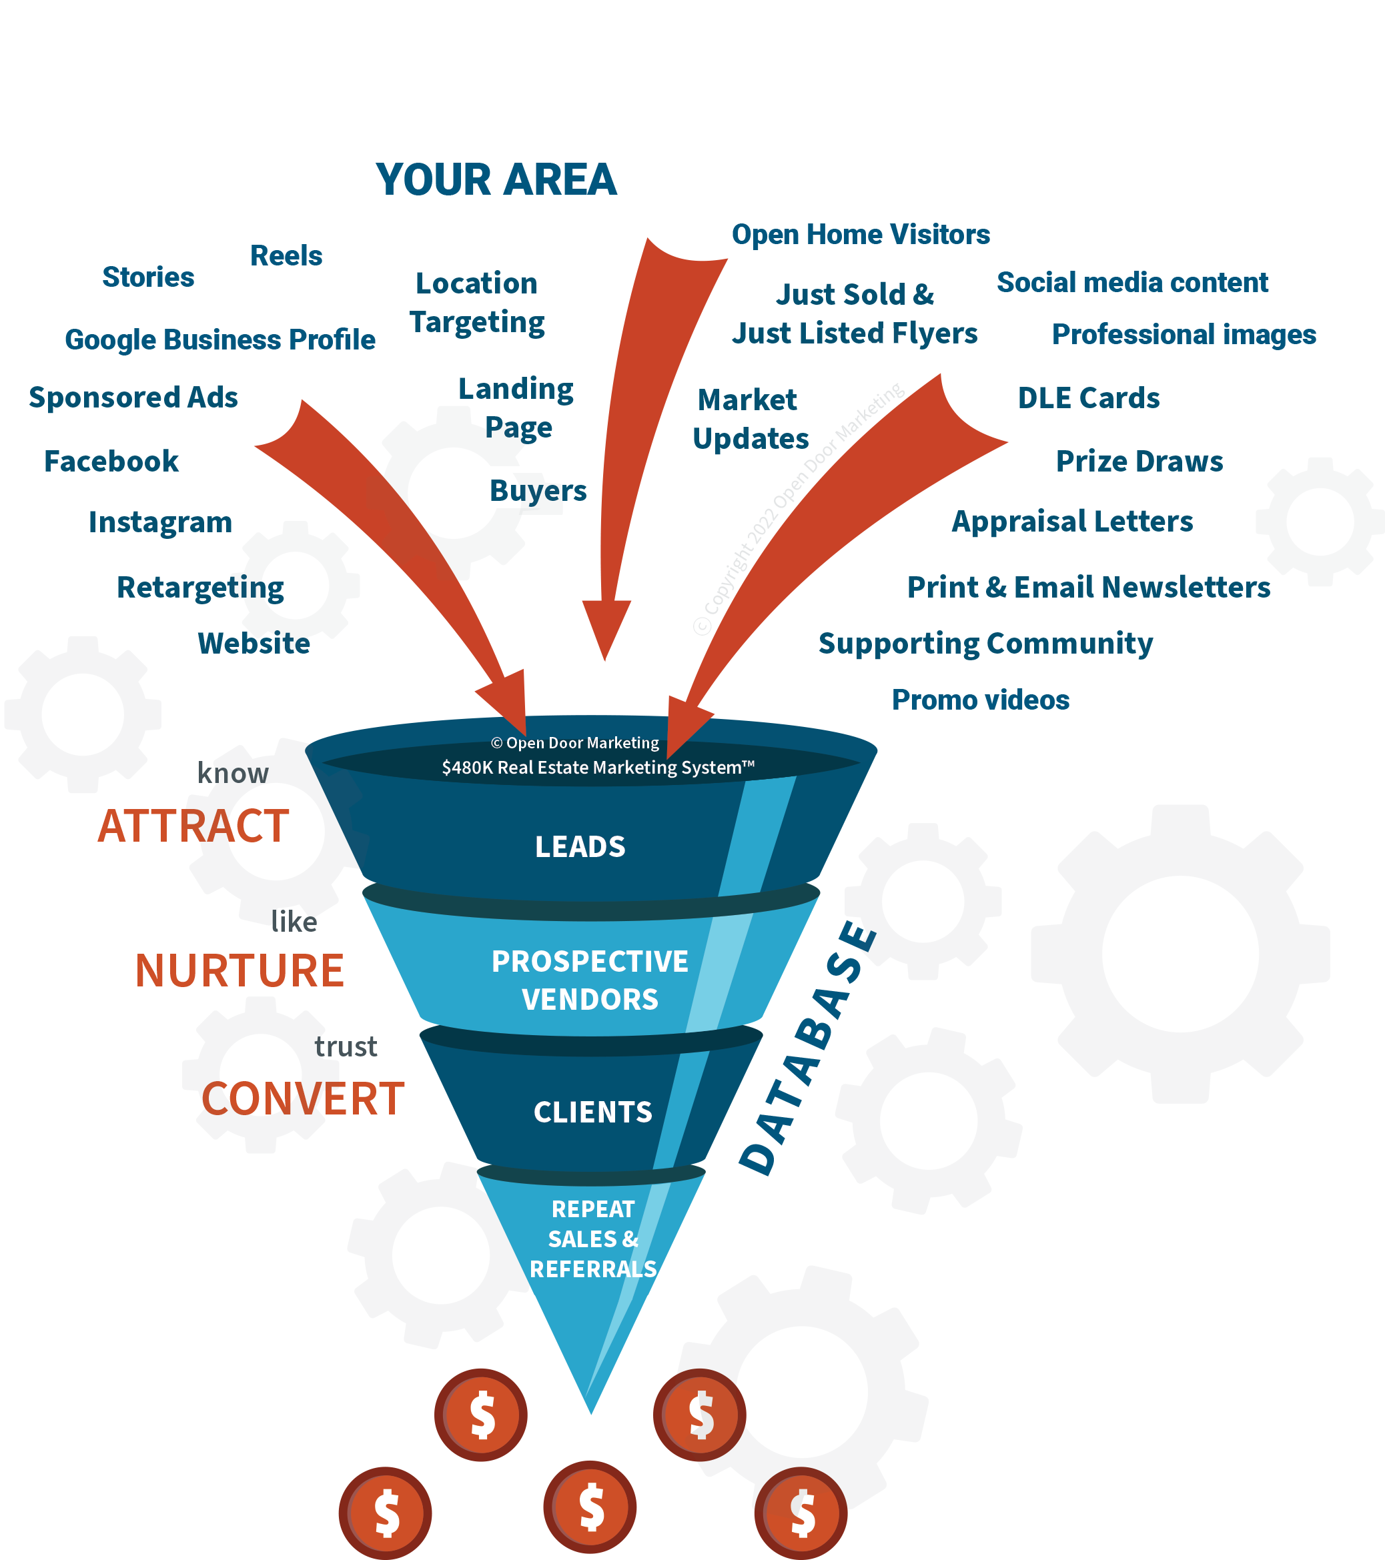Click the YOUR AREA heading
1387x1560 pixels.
point(496,180)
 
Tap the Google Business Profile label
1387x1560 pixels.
point(220,339)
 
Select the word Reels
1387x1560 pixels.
point(286,255)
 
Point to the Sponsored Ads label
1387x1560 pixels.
point(133,398)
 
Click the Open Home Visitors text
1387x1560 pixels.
point(861,234)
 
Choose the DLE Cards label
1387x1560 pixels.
point(1089,398)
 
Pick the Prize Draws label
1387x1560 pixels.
point(1139,462)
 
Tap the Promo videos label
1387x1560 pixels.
point(980,700)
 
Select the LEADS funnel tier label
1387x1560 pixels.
point(580,847)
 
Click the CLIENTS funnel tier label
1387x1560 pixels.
point(593,1112)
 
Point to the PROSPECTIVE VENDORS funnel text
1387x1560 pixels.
point(590,980)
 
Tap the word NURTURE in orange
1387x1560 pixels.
point(240,971)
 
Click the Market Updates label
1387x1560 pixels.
point(750,420)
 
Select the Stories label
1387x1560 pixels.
point(148,277)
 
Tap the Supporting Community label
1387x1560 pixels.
point(985,644)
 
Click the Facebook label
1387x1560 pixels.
point(111,462)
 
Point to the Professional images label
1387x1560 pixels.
point(1184,334)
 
